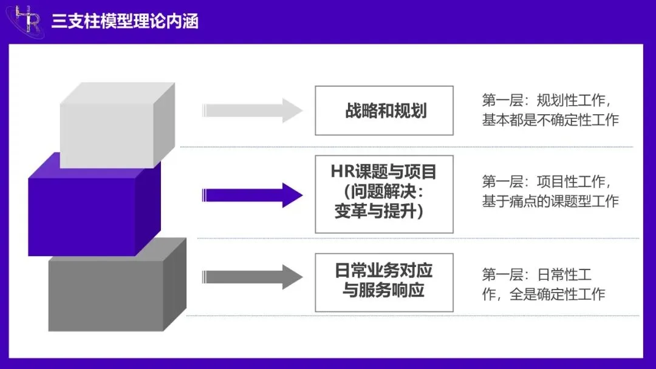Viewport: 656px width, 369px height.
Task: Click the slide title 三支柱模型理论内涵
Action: click(x=125, y=21)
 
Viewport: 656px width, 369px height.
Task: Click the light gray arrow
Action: click(x=251, y=110)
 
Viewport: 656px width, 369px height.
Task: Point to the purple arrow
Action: click(x=251, y=195)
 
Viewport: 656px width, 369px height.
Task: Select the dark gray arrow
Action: click(x=251, y=277)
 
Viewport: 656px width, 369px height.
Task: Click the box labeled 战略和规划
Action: click(x=384, y=110)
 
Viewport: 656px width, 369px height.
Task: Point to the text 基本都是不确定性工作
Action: click(x=550, y=120)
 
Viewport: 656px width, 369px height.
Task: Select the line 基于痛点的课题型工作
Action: click(x=550, y=201)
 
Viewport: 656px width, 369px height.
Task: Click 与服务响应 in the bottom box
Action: click(x=384, y=291)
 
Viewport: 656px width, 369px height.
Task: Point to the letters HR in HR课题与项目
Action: click(x=341, y=172)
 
